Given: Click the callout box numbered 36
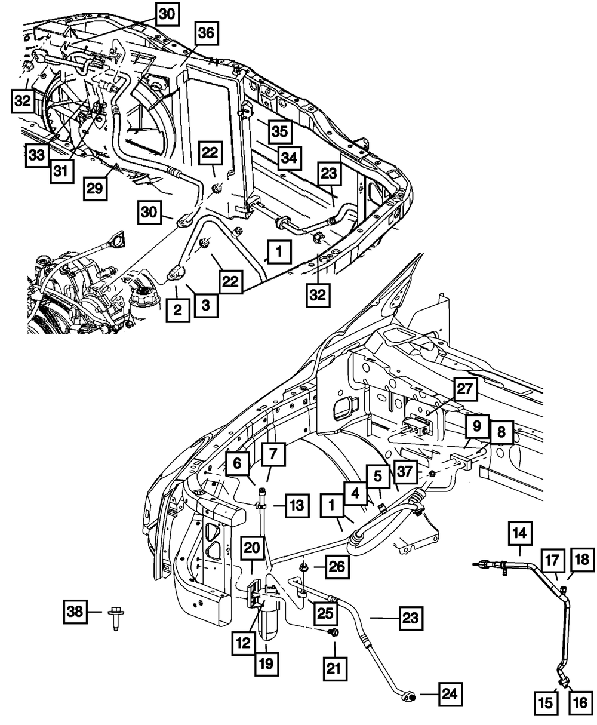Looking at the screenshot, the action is coord(206,33).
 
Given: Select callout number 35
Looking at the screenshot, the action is coord(280,131).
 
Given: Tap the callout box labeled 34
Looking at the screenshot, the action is coord(290,158).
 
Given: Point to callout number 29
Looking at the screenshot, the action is coord(95,189).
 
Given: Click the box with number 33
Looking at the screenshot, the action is coord(37,155).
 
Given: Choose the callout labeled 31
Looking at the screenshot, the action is coord(61,171).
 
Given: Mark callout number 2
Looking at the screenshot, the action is coord(178,310).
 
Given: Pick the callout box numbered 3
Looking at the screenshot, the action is coord(206,305).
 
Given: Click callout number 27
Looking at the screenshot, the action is coord(465,389).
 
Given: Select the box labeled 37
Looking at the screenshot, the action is coord(405,472).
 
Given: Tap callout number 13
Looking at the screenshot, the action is coord(297,506).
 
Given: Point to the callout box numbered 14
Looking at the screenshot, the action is coord(520,533).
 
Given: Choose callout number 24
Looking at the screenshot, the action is coord(450,694).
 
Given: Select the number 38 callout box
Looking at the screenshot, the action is coord(75,611).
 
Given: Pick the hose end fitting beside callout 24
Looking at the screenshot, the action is coord(408,695).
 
